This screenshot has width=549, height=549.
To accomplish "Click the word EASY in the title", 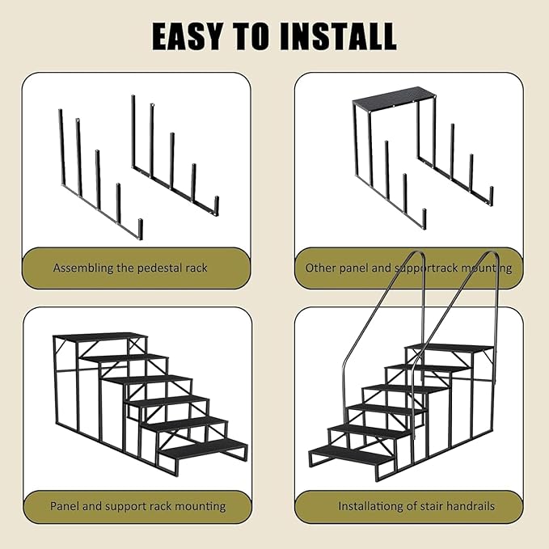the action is pyautogui.click(x=187, y=36).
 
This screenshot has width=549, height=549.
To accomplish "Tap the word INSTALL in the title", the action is pyautogui.click(x=338, y=36).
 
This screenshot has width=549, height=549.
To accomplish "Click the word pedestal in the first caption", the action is pyautogui.click(x=154, y=268).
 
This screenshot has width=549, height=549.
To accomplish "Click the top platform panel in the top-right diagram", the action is pyautogui.click(x=395, y=97).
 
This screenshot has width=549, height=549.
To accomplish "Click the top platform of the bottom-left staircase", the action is pyautogui.click(x=100, y=338).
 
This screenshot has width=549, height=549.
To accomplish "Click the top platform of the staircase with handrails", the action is pyautogui.click(x=450, y=348).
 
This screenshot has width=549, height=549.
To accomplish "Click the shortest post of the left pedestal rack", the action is pyautogui.click(x=140, y=229).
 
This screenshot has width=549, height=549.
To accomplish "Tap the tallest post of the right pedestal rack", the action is pyautogui.click(x=133, y=131).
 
